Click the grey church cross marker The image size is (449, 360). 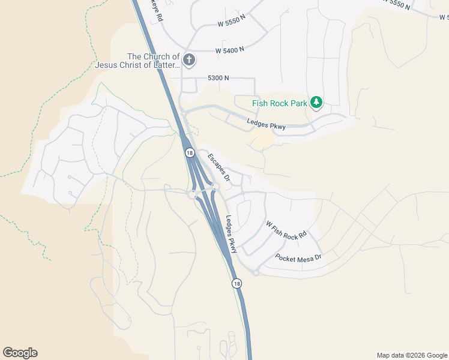coord(189,59)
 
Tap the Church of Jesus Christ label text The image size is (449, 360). coord(136,61)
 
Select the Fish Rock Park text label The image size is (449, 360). coord(279,103)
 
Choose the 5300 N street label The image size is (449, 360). coord(218,78)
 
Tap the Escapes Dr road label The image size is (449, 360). coord(219,167)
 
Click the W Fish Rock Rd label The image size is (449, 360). coord(286,227)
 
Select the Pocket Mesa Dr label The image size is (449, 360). coord(298,257)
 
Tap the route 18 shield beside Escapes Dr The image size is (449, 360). coord(190,153)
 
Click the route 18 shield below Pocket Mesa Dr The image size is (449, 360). coord(237,283)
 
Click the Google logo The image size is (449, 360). coord(20,353)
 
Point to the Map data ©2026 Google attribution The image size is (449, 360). coord(412,355)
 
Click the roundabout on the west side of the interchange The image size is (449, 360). coord(193,194)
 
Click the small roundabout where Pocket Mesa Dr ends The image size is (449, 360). coord(256,273)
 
